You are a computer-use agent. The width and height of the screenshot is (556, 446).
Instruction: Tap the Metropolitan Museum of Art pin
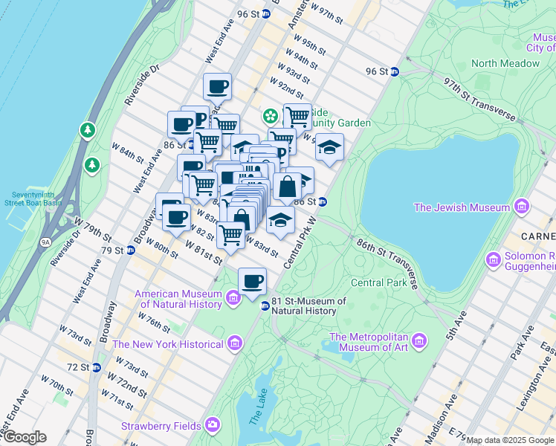(420, 341)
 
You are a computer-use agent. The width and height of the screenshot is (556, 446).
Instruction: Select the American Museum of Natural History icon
(233, 299)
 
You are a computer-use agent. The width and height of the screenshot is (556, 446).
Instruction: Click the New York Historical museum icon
(235, 343)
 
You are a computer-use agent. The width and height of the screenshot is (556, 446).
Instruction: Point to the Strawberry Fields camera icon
(212, 425)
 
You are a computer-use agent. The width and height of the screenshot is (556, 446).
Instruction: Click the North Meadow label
(505, 63)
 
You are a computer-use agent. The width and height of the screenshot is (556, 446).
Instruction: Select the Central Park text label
(378, 282)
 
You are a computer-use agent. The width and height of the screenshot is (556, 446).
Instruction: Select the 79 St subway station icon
(131, 250)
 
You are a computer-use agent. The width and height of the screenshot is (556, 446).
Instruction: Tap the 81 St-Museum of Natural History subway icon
(264, 306)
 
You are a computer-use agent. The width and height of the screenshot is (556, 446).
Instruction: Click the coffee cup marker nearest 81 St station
(253, 281)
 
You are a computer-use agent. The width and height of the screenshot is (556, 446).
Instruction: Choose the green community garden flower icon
(268, 116)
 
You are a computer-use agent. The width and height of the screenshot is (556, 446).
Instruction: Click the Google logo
(24, 437)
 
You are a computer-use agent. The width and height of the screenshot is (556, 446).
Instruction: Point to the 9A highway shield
(46, 242)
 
